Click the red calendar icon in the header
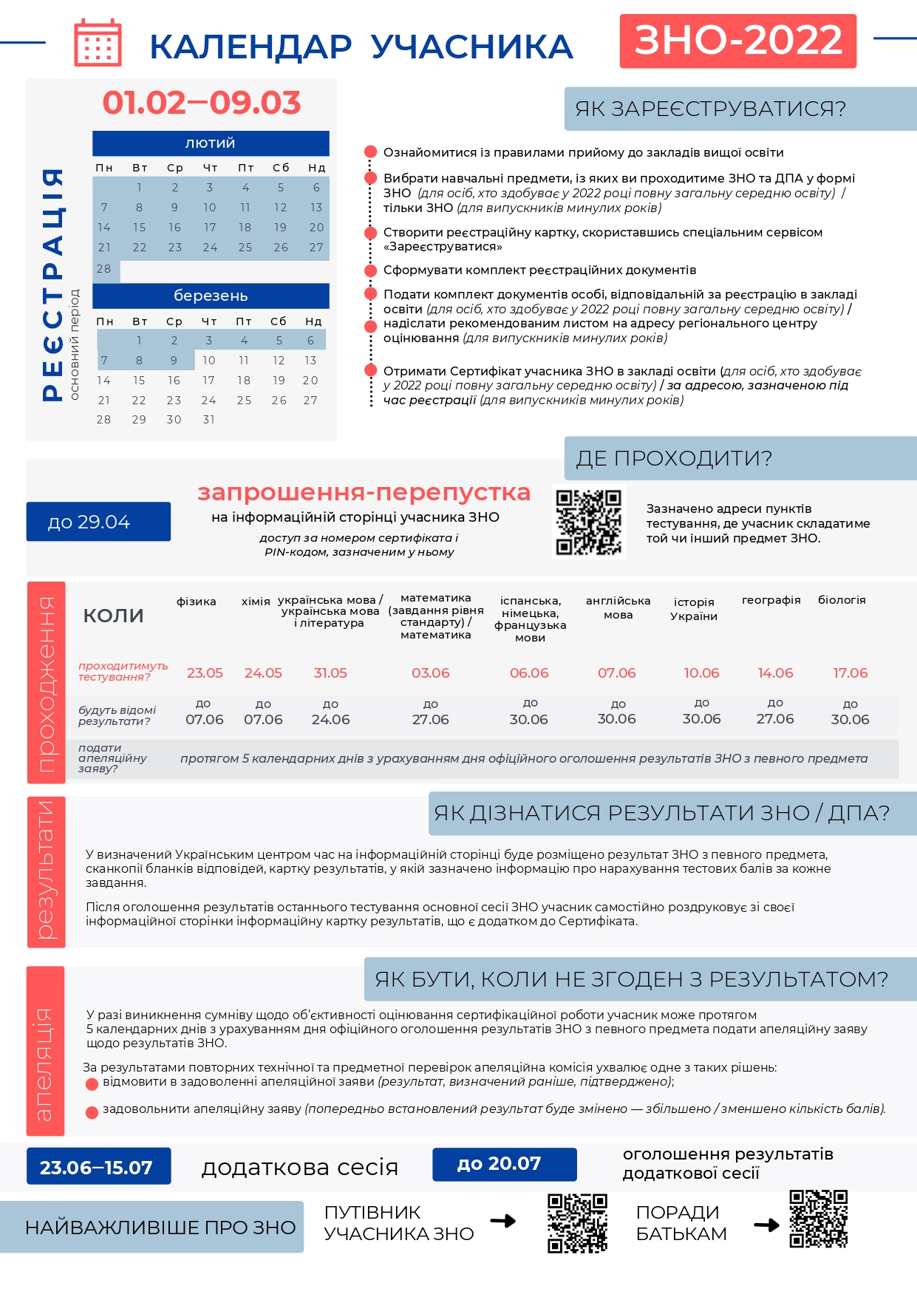click(98, 43)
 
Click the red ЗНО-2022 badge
click(737, 41)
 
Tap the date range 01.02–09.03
click(202, 103)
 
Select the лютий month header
click(211, 143)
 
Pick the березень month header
click(211, 296)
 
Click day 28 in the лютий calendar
click(104, 269)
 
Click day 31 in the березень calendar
click(209, 420)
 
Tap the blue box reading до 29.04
click(98, 522)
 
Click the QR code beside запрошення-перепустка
click(589, 522)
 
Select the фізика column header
click(197, 602)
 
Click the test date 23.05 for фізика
click(205, 673)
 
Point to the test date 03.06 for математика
click(431, 673)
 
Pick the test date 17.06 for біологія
click(850, 673)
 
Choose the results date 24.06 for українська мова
click(331, 720)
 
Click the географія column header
click(771, 600)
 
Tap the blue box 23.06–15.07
click(98, 1167)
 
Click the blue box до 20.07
click(504, 1164)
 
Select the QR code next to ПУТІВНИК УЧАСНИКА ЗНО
click(577, 1222)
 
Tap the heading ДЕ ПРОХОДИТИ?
click(674, 458)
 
